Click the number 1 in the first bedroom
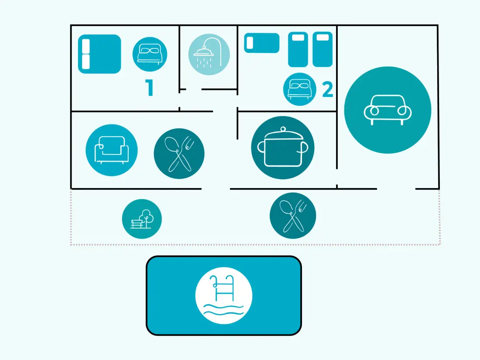149,88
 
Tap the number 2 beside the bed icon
328,89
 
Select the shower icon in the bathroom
209,55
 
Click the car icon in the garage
387,110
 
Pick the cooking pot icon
283,147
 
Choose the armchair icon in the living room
112,150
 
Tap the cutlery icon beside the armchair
179,153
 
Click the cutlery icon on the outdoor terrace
293,216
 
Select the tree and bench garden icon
142,219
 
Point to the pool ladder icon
224,295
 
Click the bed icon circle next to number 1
150,55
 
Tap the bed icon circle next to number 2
300,89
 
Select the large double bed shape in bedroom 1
99,54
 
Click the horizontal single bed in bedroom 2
262,43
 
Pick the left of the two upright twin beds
298,49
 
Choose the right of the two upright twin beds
322,49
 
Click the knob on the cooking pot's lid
283,129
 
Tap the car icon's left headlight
374,110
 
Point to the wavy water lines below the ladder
224,310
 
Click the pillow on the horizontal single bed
250,43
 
